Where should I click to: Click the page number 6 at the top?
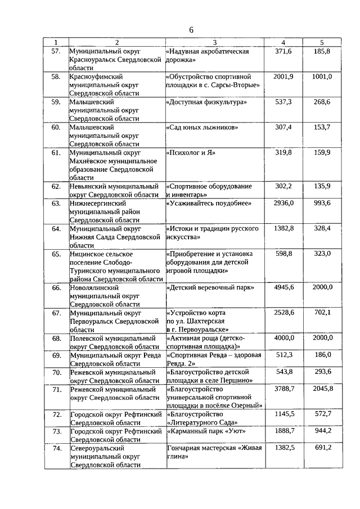click(191, 30)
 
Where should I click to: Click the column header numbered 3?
click(215, 43)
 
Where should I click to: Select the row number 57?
click(56, 51)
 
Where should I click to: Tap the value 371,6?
click(283, 51)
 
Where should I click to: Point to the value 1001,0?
click(322, 76)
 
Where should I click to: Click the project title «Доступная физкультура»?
click(206, 102)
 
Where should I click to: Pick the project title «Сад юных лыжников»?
click(202, 128)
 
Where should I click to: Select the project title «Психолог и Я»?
click(191, 152)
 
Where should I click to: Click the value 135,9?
click(322, 186)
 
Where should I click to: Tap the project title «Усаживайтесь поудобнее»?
click(208, 203)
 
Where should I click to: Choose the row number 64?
click(56, 229)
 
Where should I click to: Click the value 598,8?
click(283, 254)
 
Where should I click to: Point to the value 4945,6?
click(283, 287)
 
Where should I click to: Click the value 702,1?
click(322, 313)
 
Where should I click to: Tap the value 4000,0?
click(283, 338)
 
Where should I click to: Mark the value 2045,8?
click(322, 389)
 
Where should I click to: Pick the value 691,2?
click(322, 447)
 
